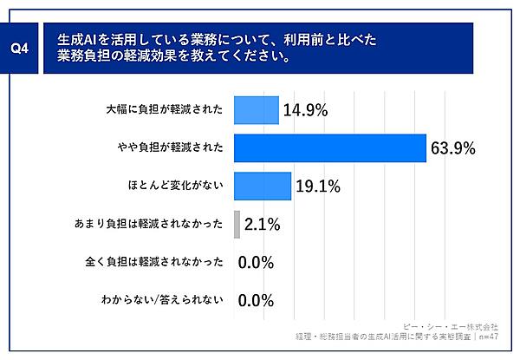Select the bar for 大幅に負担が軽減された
click(x=256, y=110)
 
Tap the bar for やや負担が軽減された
click(x=329, y=148)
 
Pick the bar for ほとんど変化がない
click(x=263, y=186)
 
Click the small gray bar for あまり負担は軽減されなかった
click(x=237, y=224)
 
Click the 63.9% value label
click(x=452, y=149)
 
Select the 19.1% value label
click(x=317, y=187)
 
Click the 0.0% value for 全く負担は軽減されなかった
click(x=256, y=263)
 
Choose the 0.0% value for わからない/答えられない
click(x=256, y=300)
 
